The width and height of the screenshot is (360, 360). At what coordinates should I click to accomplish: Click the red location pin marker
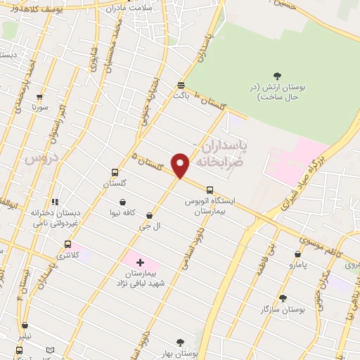point(181,165)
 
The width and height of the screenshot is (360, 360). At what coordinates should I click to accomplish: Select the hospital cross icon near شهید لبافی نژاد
point(140,262)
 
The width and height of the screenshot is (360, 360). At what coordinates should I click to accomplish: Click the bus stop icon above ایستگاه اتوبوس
point(210,189)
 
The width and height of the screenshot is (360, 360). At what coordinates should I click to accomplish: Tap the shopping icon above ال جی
point(149,215)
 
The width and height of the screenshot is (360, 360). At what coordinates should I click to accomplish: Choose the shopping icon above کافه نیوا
point(123,201)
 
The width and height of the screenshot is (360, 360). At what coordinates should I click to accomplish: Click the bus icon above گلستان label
point(115,172)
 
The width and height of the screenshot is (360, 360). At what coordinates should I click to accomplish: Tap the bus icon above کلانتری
point(67,244)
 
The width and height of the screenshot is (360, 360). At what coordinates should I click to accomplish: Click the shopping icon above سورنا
point(39,98)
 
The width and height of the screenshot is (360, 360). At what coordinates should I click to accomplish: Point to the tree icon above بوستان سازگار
point(283,298)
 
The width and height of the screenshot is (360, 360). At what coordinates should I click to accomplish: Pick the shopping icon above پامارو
point(298,255)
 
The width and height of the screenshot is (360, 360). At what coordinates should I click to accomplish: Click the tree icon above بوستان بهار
point(180,342)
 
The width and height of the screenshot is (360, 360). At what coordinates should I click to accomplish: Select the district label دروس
point(40,159)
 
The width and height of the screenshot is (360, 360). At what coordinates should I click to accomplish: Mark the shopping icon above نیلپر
point(25,326)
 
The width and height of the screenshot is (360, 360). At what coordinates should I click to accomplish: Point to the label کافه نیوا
point(123,212)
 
